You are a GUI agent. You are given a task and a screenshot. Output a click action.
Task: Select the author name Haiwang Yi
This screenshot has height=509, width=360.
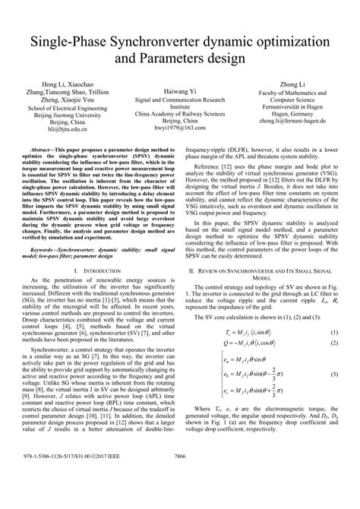[179, 91]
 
